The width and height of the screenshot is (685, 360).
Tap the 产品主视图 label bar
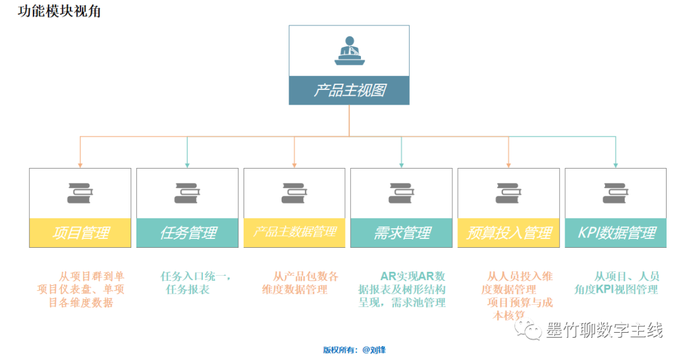tap(349, 90)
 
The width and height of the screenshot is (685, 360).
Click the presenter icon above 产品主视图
tap(349, 51)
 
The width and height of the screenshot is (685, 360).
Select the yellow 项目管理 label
tap(80, 233)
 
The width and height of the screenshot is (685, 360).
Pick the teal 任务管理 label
tap(187, 233)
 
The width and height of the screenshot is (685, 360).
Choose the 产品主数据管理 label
tap(294, 233)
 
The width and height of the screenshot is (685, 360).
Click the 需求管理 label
tap(401, 233)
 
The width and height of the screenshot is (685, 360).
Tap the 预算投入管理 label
tap(509, 233)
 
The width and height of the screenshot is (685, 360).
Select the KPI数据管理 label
tap(615, 233)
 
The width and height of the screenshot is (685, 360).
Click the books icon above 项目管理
tap(80, 193)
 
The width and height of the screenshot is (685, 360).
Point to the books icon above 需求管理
tap(401, 193)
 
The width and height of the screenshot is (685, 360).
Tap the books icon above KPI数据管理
tap(615, 193)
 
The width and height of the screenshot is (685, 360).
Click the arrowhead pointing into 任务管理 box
tap(187, 165)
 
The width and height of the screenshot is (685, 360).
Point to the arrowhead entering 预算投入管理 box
tap(509, 165)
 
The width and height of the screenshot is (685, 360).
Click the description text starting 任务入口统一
tap(195, 283)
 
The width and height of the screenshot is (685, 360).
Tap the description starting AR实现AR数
tap(402, 289)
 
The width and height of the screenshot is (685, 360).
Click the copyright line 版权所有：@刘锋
tap(354, 349)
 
